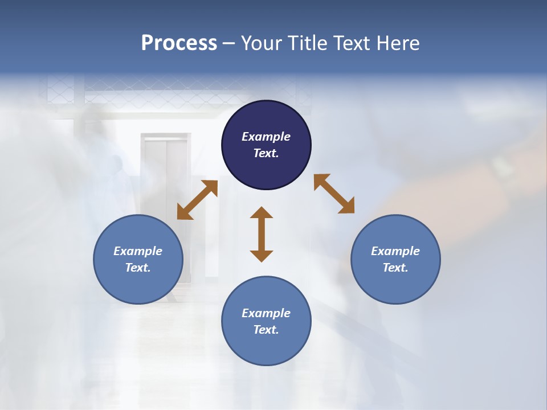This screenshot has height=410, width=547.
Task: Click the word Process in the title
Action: [179, 43]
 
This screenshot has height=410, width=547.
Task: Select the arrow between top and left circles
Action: [197, 200]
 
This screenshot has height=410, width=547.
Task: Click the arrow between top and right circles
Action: [334, 194]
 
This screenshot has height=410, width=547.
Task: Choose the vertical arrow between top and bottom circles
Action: [262, 234]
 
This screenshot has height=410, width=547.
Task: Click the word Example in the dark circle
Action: [266, 137]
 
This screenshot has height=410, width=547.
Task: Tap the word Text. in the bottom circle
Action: [266, 330]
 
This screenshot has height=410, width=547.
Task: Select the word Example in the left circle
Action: [138, 251]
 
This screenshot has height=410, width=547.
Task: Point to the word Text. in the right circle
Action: [395, 268]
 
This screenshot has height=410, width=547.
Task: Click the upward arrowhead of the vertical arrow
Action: [262, 213]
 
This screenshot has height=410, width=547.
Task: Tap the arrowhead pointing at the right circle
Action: [347, 207]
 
